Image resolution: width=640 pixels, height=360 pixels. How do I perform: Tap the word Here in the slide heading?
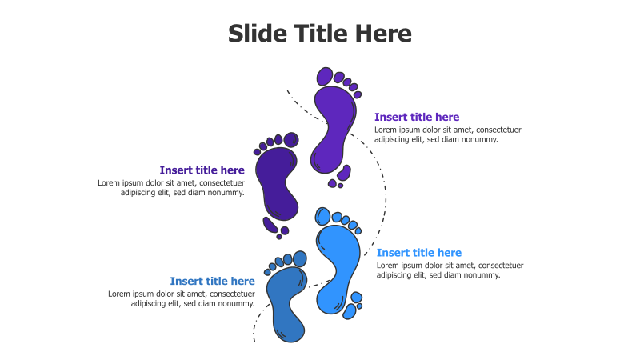pyautogui.click(x=383, y=34)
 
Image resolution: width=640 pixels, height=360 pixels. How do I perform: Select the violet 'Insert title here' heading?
pyautogui.click(x=417, y=118)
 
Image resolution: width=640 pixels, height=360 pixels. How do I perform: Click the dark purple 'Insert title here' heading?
pyautogui.click(x=202, y=170)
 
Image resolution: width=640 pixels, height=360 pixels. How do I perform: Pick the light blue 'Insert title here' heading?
pyautogui.click(x=419, y=253)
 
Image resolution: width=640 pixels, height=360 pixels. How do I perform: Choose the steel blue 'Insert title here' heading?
pyautogui.click(x=212, y=281)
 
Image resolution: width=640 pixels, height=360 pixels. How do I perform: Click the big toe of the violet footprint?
pyautogui.click(x=325, y=76)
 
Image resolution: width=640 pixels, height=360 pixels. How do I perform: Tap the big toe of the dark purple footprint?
pyautogui.click(x=291, y=140)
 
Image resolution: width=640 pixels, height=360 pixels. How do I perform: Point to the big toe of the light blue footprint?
pyautogui.click(x=322, y=215)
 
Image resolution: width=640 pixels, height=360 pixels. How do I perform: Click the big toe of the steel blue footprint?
pyautogui.click(x=300, y=258)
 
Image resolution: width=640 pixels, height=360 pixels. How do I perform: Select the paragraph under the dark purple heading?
pyautogui.click(x=171, y=187)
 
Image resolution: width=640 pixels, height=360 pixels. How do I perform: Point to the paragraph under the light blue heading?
pyautogui.click(x=450, y=270)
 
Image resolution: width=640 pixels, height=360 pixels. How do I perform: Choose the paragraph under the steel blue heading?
pyautogui.click(x=182, y=298)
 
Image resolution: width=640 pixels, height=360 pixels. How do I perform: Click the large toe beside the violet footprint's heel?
pyautogui.click(x=346, y=172)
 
